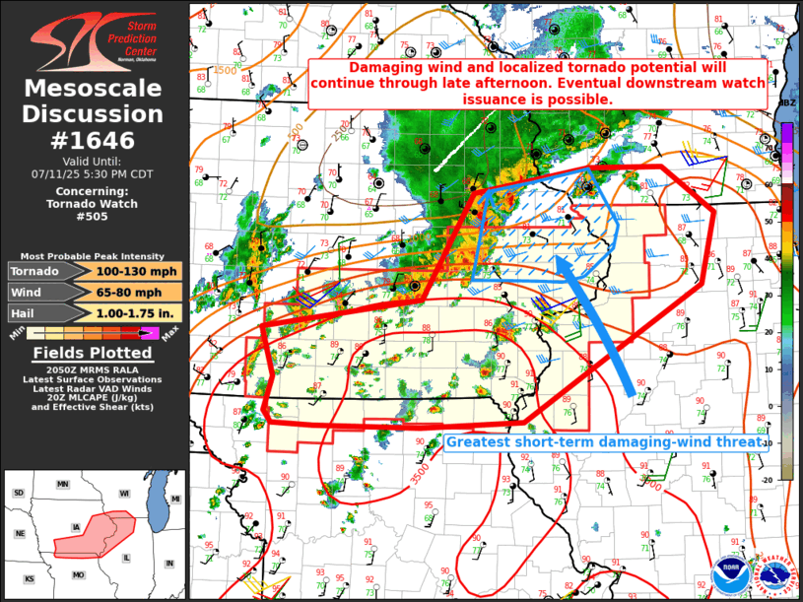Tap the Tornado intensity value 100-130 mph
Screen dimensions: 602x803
point(138,271)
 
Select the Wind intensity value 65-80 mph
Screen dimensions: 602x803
point(138,292)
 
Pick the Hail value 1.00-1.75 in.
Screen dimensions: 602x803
point(138,312)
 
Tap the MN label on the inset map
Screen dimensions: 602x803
point(63,485)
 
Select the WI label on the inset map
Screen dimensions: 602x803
point(124,493)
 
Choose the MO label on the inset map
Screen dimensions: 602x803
point(79,574)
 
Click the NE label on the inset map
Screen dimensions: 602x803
point(19,533)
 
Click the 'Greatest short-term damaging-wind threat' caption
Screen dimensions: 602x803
point(604,442)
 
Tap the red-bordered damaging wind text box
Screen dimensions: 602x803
point(538,84)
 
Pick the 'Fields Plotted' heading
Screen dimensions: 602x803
point(94,352)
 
